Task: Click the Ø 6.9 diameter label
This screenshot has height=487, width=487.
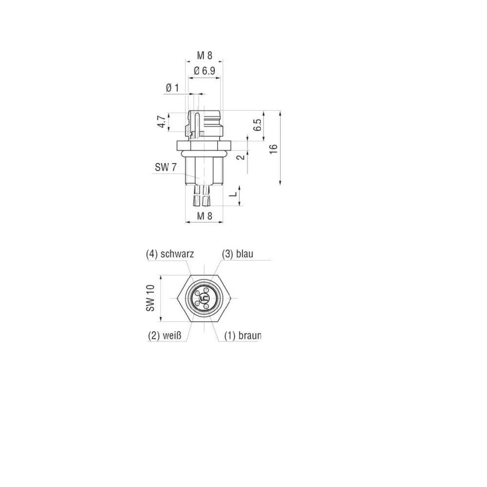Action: (x=205, y=71)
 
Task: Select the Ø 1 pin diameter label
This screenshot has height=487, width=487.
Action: (x=172, y=88)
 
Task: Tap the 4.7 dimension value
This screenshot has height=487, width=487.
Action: (x=161, y=122)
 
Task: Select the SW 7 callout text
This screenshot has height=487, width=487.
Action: (x=166, y=168)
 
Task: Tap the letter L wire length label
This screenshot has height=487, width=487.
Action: (x=233, y=193)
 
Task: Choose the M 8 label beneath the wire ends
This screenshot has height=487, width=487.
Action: (x=205, y=216)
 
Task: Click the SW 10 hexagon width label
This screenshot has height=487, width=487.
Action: (x=150, y=298)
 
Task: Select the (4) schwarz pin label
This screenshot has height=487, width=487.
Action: (x=170, y=254)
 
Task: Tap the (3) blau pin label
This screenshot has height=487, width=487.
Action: (x=238, y=254)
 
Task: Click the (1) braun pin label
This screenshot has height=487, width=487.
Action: (x=243, y=336)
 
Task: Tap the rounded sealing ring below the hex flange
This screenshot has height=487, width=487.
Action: (x=204, y=152)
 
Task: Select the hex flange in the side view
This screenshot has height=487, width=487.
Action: (x=204, y=145)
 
